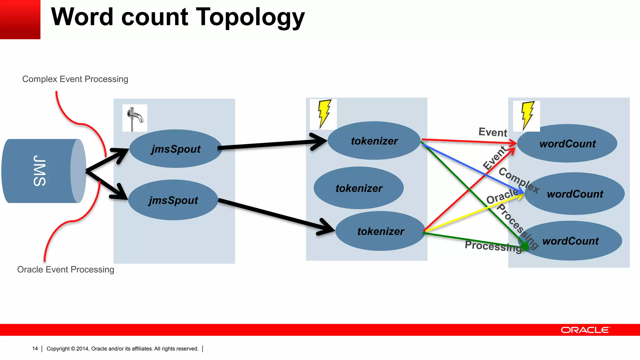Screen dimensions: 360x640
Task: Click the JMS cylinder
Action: [41, 171]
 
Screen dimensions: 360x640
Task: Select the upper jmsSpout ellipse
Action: [176, 149]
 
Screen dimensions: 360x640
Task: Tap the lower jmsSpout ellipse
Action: [173, 200]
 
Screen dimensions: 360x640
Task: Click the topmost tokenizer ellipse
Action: [374, 141]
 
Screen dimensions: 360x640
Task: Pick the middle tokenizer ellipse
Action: [359, 188]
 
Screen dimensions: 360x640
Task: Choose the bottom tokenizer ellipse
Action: [380, 231]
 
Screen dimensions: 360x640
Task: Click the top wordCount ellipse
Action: [567, 143]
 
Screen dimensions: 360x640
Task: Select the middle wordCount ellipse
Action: [575, 194]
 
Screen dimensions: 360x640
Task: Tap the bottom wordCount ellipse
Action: [571, 241]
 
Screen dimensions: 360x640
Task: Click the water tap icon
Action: [135, 118]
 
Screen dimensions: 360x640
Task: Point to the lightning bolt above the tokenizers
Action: [324, 114]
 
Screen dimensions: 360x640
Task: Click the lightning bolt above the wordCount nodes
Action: [527, 115]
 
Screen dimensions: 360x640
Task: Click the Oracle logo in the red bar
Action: [585, 330]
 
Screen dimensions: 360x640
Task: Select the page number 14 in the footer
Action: [35, 348]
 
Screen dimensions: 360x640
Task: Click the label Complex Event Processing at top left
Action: [75, 79]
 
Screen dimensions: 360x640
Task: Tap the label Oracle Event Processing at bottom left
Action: [66, 269]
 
